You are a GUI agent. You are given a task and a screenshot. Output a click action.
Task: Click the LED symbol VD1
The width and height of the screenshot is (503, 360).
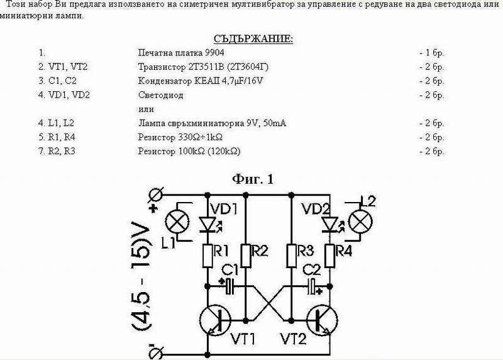click(207, 224)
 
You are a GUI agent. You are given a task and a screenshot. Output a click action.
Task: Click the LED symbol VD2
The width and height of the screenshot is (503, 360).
click(328, 224)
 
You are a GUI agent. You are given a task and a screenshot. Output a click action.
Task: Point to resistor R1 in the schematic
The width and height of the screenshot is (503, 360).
click(207, 255)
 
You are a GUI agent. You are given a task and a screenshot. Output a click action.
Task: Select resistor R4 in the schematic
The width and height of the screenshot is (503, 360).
click(328, 255)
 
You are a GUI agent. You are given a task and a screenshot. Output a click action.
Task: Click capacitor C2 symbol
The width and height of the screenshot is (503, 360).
click(310, 287)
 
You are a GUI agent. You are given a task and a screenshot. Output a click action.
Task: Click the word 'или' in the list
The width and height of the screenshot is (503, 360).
click(145, 109)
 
